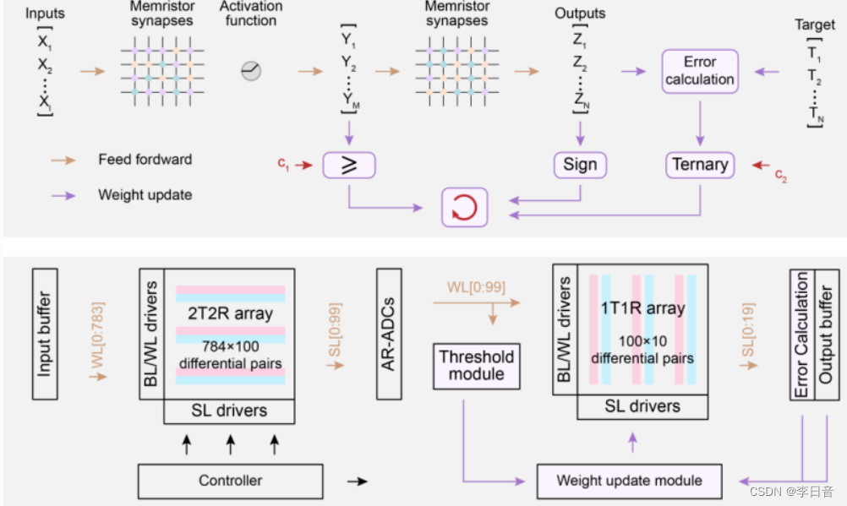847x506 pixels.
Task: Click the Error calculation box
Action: [699, 71]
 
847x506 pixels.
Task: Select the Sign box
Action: [580, 164]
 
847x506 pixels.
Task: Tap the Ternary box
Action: [699, 164]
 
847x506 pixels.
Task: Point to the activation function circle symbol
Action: [251, 71]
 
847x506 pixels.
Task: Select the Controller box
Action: [230, 481]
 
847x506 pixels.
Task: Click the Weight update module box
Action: [629, 481]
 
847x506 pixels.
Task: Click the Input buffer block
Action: [44, 334]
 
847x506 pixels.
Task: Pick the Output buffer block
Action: [826, 333]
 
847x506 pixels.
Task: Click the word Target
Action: [814, 25]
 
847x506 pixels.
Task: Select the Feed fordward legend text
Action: [145, 159]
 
